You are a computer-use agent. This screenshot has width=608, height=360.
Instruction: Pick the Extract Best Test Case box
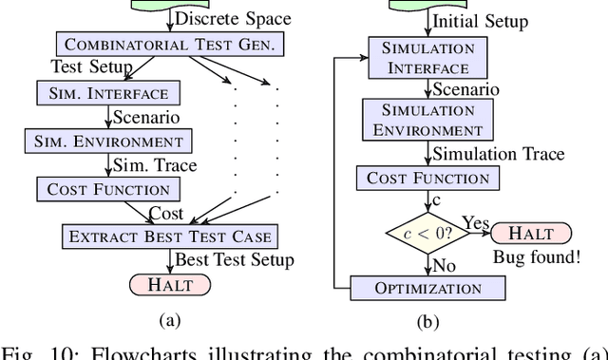coord(170,236)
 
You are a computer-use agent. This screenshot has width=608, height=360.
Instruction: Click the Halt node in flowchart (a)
coord(170,283)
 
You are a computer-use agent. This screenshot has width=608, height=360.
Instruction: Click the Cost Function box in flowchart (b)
coord(427,179)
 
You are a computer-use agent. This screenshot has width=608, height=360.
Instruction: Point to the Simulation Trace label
coord(498,154)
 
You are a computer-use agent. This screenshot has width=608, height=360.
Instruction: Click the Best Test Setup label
coord(235,258)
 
